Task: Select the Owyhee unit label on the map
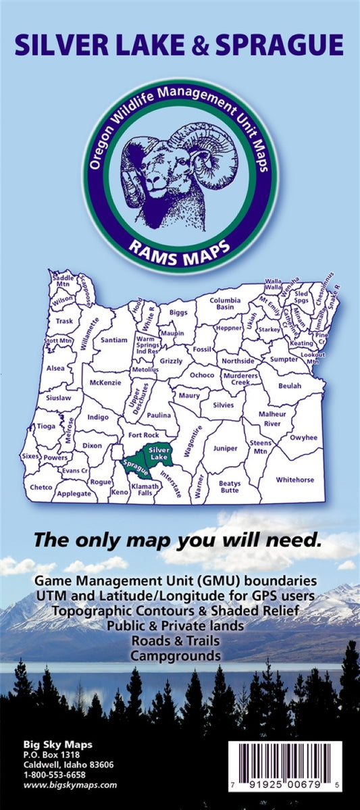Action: [303, 438]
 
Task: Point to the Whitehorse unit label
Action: [295, 480]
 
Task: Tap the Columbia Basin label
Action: [225, 303]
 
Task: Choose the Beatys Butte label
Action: [230, 487]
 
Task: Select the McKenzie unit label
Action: [105, 382]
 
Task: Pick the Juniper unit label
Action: [225, 448]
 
